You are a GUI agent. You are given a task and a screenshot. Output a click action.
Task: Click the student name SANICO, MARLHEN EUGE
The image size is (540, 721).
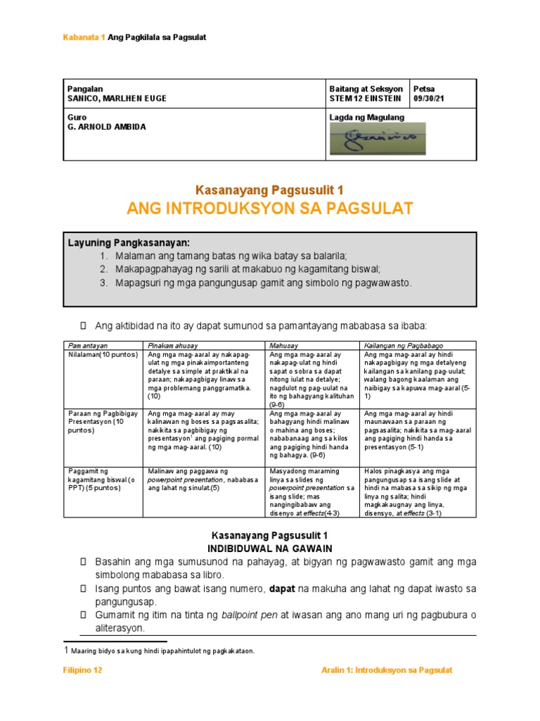pyautogui.click(x=116, y=99)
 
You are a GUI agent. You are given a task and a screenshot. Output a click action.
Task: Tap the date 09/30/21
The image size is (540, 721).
pyautogui.click(x=430, y=99)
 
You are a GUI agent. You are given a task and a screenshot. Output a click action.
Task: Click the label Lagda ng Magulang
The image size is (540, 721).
pyautogui.click(x=366, y=118)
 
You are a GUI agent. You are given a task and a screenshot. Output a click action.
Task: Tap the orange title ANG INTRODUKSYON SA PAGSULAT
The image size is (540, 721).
pyautogui.click(x=269, y=208)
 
